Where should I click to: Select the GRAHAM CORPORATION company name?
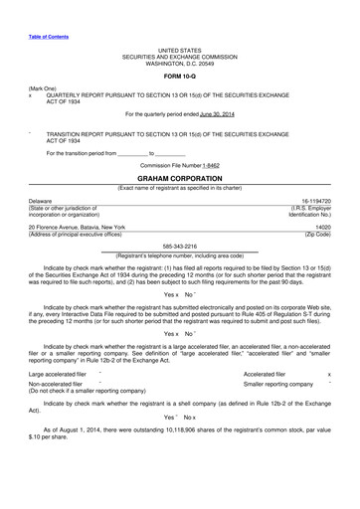(x=179, y=177)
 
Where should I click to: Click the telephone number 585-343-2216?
(x=179, y=247)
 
